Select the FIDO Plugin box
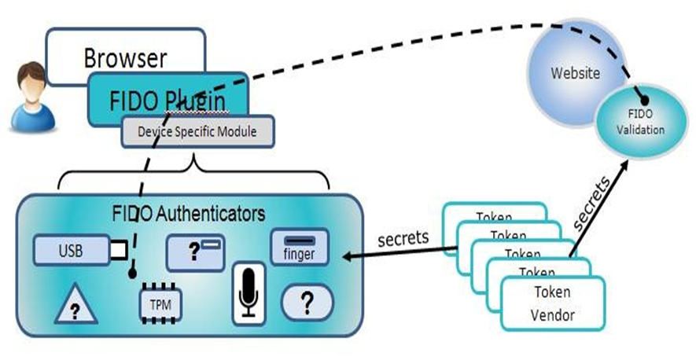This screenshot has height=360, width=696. pos(168,98)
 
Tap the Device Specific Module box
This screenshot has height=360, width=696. pos(197,131)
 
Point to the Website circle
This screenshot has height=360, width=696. pos(575,74)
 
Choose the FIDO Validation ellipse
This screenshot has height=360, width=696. pos(639,123)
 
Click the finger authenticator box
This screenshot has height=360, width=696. pos(299,248)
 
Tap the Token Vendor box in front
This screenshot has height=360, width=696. pos(553,302)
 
